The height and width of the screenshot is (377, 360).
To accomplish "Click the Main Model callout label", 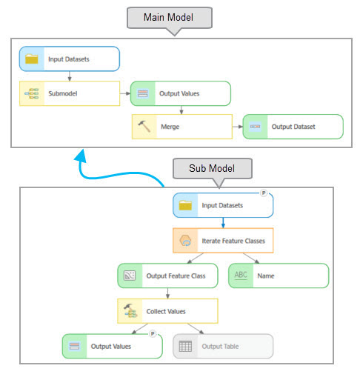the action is [x=170, y=18].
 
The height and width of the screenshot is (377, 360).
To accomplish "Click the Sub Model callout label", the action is [x=213, y=168].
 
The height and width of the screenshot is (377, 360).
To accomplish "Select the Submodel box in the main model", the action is [x=70, y=93].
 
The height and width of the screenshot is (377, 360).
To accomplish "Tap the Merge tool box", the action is [x=182, y=127].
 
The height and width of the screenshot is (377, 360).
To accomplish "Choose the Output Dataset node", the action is [x=293, y=127].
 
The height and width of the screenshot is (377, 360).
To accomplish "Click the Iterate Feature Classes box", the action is [x=223, y=241].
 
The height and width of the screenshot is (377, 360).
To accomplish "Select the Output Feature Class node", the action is [x=167, y=276].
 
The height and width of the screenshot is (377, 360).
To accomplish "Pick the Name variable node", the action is [x=279, y=276].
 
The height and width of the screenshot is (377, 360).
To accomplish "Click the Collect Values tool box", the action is [x=167, y=311].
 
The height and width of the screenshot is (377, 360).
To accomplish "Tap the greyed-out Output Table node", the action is [x=223, y=346].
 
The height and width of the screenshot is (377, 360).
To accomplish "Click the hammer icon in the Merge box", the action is [x=144, y=126].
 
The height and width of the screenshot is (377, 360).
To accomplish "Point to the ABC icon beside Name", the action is [x=241, y=275].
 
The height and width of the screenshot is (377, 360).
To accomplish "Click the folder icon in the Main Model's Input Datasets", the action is [x=32, y=59].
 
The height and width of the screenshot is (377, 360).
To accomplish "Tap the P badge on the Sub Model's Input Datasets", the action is [x=264, y=193].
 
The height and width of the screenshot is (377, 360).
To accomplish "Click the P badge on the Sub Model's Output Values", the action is [x=153, y=334].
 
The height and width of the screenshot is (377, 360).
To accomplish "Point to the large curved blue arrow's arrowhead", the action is [x=81, y=156].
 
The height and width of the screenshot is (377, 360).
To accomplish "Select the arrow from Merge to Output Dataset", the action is [x=238, y=127].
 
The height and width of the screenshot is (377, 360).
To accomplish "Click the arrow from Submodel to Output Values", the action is [x=125, y=93].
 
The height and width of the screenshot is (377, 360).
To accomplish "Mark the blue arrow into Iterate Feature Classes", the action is [x=223, y=223].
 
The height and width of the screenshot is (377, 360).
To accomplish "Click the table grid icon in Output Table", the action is [x=185, y=346].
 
